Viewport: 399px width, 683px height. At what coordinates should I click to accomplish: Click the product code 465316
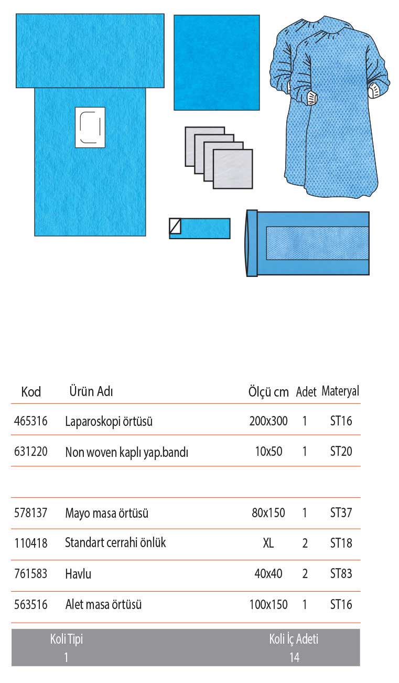[x=30, y=421]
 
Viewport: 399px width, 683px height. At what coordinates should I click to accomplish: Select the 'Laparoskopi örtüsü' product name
[x=109, y=421]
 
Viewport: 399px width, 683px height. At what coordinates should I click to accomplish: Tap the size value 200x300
[x=268, y=421]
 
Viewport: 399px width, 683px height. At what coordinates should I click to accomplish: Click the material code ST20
[x=341, y=452]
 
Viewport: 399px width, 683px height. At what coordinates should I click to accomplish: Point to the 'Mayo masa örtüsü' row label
[x=106, y=513]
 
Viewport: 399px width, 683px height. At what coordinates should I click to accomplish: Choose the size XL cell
[x=268, y=543]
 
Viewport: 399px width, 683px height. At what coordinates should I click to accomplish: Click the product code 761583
[x=30, y=574]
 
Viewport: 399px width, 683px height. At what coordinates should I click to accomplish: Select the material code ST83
[x=341, y=574]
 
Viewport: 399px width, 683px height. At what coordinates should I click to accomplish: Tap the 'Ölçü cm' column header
[x=268, y=392]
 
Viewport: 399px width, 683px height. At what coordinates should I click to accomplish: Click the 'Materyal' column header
[x=340, y=391]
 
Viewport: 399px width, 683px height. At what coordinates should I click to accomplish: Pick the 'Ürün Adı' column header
[x=91, y=391]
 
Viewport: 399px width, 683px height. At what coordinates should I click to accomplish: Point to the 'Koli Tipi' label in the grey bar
[x=67, y=639]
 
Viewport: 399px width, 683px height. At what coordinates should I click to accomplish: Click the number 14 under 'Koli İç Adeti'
[x=294, y=657]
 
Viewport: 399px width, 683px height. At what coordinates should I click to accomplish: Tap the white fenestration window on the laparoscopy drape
[x=90, y=127]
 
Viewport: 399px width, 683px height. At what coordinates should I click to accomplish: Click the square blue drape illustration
[x=217, y=62]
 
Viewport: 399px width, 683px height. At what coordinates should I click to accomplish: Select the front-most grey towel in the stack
[x=233, y=169]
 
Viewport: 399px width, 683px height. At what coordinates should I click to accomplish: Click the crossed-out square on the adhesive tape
[x=175, y=226]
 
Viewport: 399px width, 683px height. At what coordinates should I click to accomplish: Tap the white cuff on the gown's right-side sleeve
[x=375, y=90]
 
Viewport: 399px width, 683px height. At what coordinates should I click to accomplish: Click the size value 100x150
[x=268, y=605]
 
